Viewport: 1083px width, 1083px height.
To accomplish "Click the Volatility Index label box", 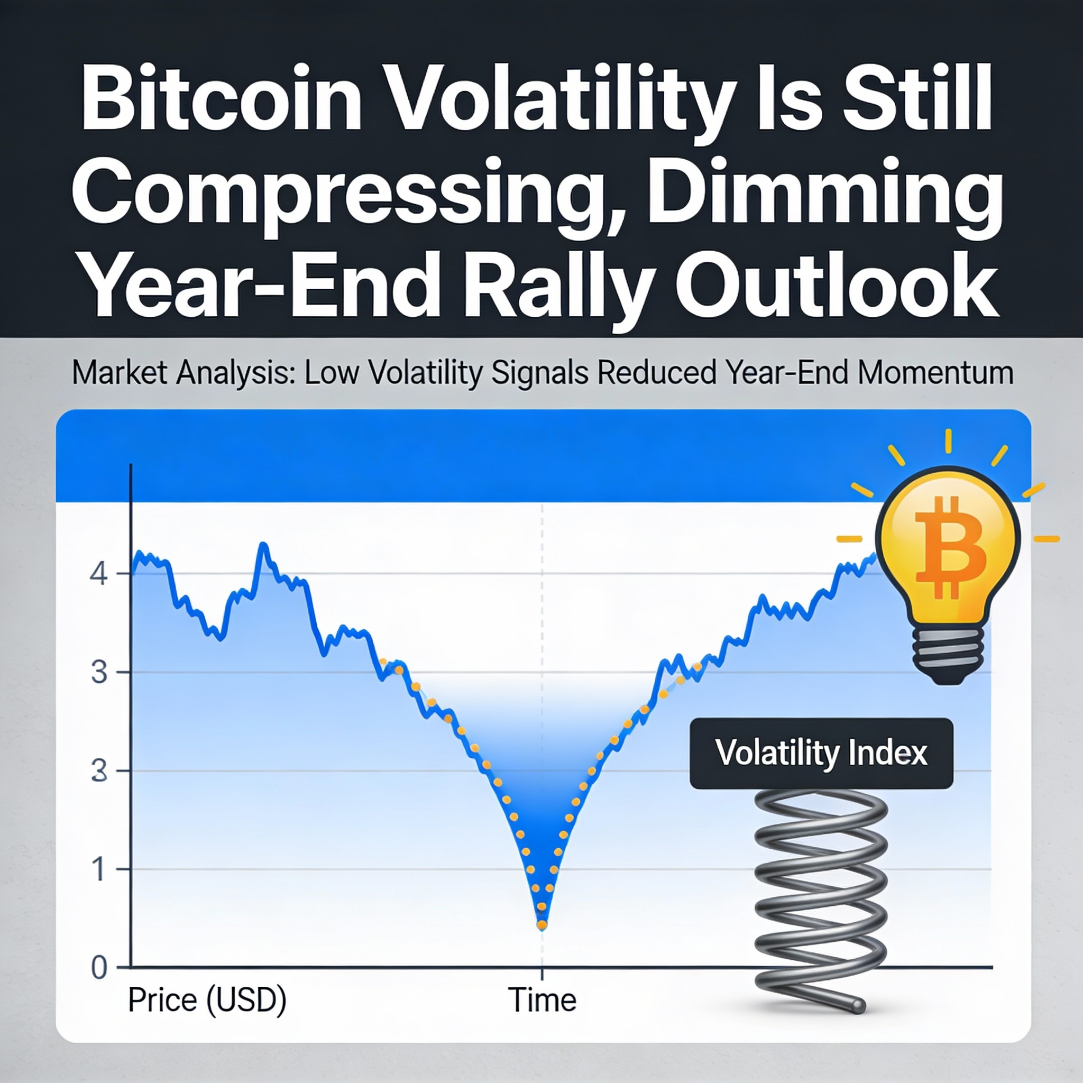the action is [x=821, y=754].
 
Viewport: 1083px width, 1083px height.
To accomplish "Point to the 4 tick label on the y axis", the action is [x=99, y=574].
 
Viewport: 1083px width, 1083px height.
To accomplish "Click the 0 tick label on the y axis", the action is [x=99, y=968].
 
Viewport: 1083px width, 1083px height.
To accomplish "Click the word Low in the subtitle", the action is [x=331, y=373].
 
